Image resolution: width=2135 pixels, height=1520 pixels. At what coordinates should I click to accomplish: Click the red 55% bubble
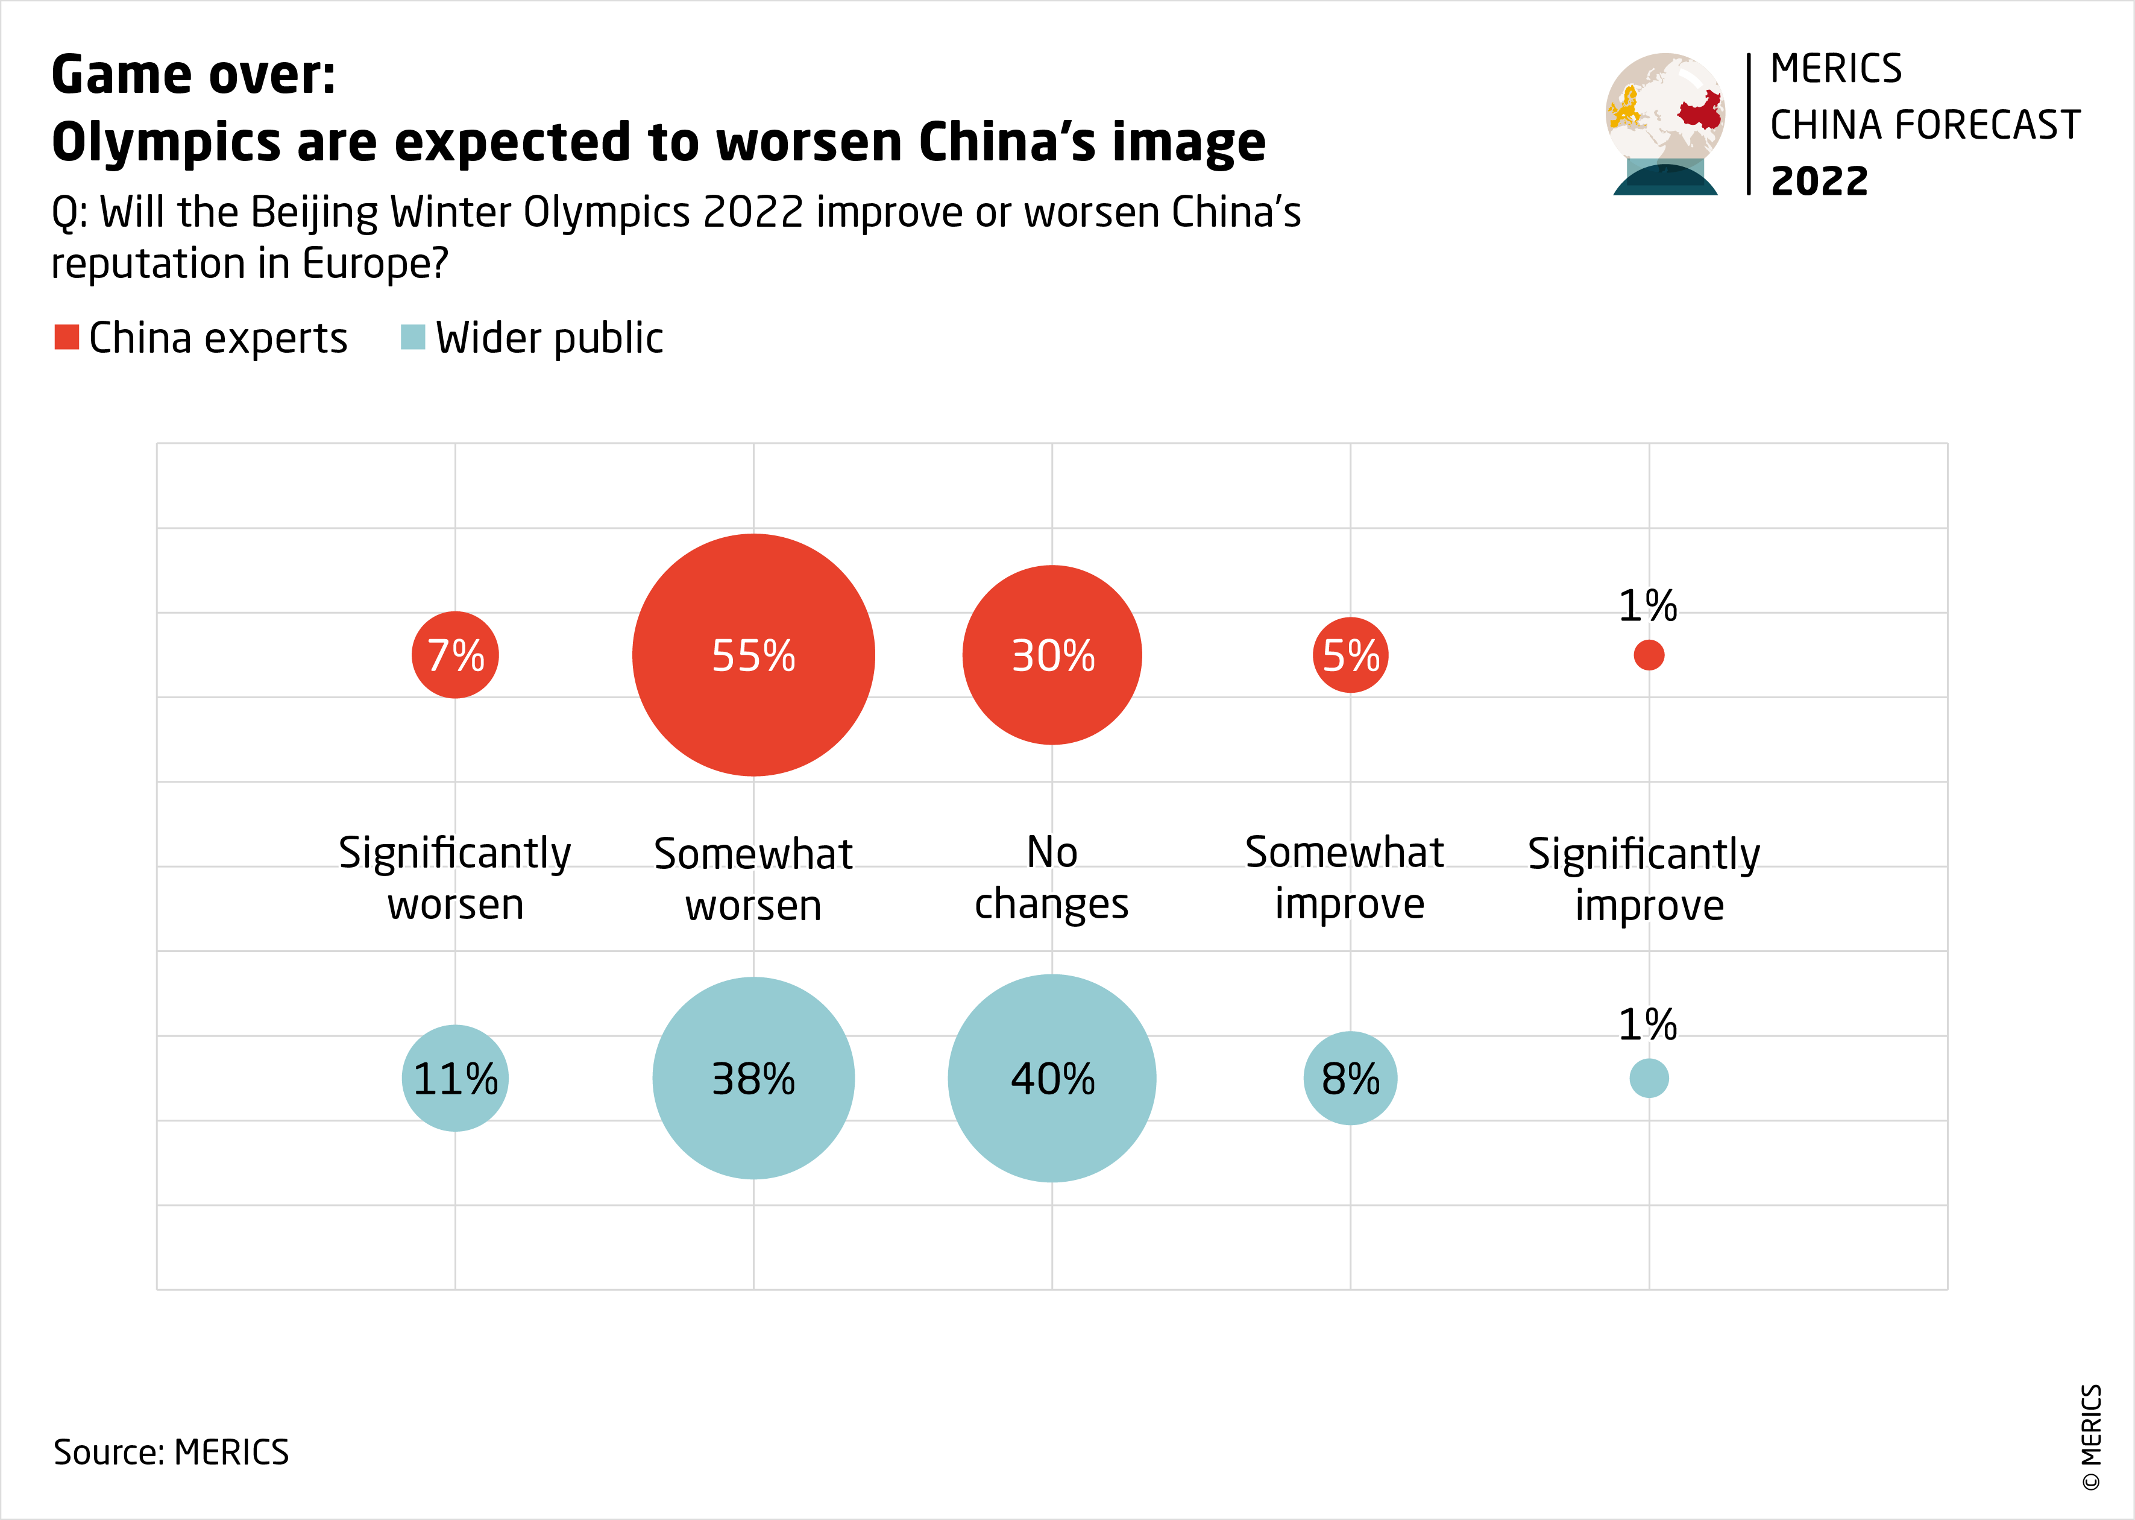[753, 655]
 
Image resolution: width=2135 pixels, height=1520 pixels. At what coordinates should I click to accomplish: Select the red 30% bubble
[1052, 655]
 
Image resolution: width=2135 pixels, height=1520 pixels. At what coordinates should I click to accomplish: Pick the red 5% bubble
[1350, 655]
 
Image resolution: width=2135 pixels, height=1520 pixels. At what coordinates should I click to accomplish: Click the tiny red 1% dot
[1649, 655]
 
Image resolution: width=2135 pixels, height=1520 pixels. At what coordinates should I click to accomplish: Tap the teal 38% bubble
[753, 1078]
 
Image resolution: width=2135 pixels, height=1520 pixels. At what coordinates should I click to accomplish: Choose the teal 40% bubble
[1052, 1078]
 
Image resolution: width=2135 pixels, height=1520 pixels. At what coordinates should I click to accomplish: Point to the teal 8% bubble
[1350, 1078]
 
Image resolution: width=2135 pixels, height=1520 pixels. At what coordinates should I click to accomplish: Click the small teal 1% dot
[1649, 1078]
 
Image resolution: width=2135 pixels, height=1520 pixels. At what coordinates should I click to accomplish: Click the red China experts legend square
[66, 337]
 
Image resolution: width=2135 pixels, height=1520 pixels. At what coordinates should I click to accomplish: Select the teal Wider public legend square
[412, 337]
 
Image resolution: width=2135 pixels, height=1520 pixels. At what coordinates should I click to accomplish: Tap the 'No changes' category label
[1052, 878]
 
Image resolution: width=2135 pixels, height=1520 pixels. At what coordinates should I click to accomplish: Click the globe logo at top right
[1665, 122]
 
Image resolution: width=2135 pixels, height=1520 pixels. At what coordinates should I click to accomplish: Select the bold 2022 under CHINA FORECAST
[1819, 181]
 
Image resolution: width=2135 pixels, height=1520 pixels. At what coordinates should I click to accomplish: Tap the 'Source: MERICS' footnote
[171, 1452]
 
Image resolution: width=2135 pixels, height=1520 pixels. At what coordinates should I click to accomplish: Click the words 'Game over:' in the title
[193, 75]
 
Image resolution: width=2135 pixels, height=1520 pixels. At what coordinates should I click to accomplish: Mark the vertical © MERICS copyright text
[2092, 1437]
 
